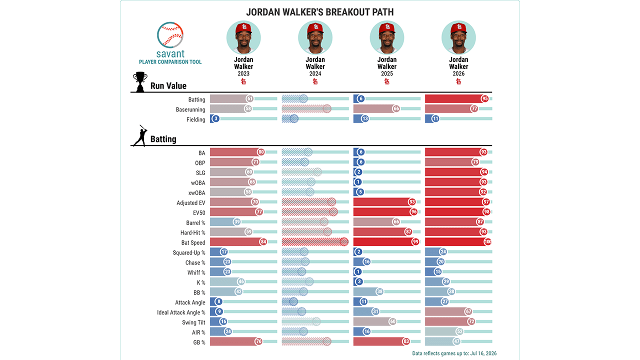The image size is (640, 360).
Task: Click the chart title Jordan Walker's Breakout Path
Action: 319,12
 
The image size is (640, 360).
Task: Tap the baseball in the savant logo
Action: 170,35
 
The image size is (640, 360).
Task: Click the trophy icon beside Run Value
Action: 140,82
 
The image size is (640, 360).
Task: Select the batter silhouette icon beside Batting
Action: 140,135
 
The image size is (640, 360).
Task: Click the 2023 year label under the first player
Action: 243,73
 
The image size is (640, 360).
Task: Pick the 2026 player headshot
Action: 458,37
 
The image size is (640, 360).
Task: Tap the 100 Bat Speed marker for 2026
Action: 487,241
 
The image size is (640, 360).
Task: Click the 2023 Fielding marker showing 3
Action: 215,118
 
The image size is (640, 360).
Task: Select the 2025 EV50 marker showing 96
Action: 413,212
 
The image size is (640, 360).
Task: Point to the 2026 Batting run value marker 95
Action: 484,99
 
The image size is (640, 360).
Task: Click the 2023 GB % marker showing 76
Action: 258,341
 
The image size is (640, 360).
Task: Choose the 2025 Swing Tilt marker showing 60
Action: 393,321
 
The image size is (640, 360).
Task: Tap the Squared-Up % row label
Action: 189,253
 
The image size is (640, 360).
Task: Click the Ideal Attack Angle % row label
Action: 181,312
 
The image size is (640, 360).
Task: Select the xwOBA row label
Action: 196,193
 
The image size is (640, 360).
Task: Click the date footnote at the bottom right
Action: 454,353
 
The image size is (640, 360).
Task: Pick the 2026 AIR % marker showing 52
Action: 459,331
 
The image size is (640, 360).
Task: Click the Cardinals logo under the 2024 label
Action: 315,81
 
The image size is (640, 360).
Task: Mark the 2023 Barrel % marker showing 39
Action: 237,222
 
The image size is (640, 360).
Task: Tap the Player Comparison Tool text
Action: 170,62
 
